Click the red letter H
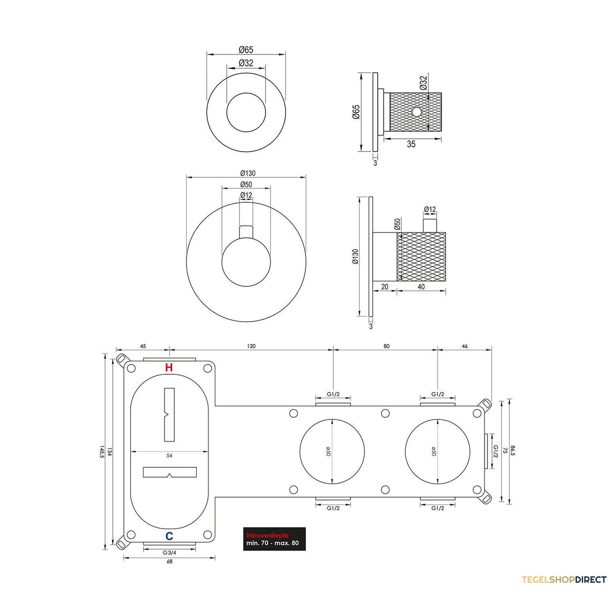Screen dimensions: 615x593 coord(169,367)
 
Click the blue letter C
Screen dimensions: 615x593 coord(169,536)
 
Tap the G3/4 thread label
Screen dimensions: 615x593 coord(170,553)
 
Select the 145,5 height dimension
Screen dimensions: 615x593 coord(102,452)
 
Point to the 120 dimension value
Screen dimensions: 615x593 coord(251,346)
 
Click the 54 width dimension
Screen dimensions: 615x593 coord(170,455)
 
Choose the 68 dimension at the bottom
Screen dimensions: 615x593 coord(170,561)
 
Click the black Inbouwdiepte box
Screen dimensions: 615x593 coord(274,539)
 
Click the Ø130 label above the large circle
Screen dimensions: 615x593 coord(248,173)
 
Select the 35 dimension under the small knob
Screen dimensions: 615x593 coord(411,144)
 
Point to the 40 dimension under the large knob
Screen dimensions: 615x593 coord(421,287)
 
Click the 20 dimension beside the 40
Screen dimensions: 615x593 coord(384,287)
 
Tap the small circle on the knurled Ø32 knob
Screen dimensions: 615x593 coord(417,112)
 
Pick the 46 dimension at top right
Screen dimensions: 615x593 coord(464,346)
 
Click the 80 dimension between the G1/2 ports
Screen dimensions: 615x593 coord(386,346)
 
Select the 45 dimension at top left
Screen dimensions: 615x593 coord(143,346)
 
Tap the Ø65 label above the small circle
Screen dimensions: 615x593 coord(246,50)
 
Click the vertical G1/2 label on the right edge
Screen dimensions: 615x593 coord(496,451)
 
